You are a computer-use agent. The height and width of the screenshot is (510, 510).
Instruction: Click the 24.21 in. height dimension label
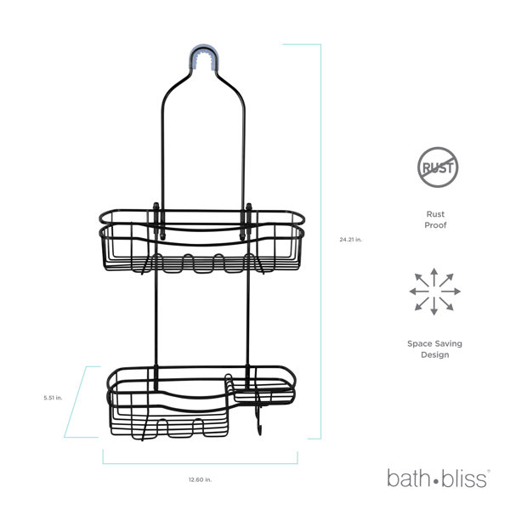click(x=350, y=240)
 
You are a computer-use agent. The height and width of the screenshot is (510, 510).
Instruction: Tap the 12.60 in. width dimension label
click(x=200, y=479)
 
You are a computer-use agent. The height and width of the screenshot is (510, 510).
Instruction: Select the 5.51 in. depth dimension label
click(x=53, y=398)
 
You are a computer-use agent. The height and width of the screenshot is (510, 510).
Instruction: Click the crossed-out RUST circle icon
click(x=438, y=167)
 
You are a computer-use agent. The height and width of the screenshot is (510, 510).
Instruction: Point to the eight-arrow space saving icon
click(x=434, y=292)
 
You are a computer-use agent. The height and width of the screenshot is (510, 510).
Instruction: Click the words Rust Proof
click(x=435, y=219)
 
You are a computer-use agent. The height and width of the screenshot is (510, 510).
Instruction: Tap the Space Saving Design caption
click(x=434, y=349)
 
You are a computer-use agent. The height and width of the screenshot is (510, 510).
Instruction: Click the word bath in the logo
click(x=408, y=479)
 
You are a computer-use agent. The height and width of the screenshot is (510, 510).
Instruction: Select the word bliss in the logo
click(x=464, y=479)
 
